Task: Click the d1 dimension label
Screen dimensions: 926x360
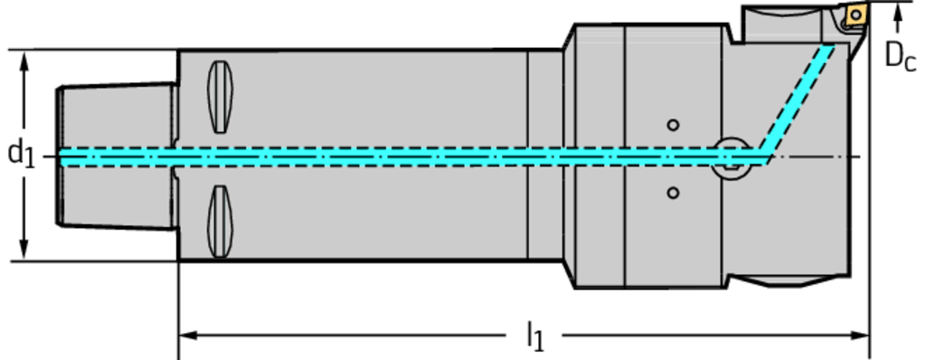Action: [x=21, y=155]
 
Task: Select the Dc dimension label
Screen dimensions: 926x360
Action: [x=900, y=57]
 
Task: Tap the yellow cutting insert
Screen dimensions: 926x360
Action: [x=855, y=14]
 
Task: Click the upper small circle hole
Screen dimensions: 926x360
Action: [x=673, y=125]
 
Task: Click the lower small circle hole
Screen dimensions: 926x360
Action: [x=673, y=193]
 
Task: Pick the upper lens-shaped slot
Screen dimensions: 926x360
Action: [x=221, y=97]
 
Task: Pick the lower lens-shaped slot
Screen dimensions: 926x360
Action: [x=221, y=221]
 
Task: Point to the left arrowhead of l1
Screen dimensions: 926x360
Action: [x=188, y=336]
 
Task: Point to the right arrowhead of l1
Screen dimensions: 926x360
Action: [x=860, y=336]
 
